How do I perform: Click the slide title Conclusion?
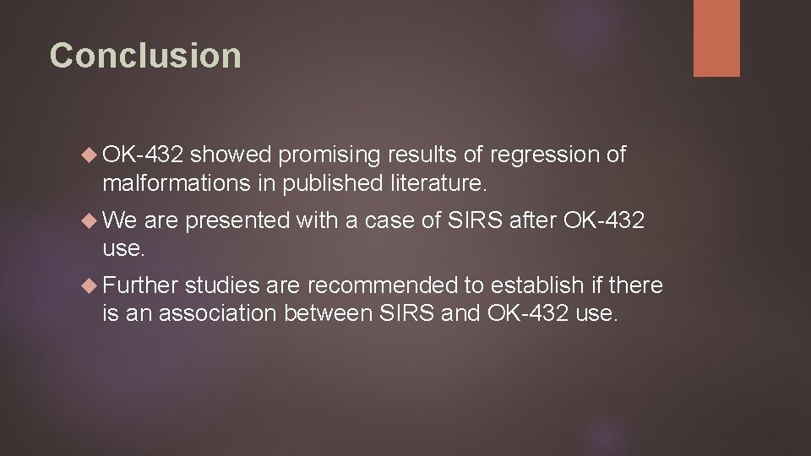pos(145,56)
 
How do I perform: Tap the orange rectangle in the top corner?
pos(716,38)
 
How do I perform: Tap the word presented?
pos(238,221)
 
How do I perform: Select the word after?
pos(535,221)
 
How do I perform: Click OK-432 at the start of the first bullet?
pos(143,155)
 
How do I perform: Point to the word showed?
pos(230,155)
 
